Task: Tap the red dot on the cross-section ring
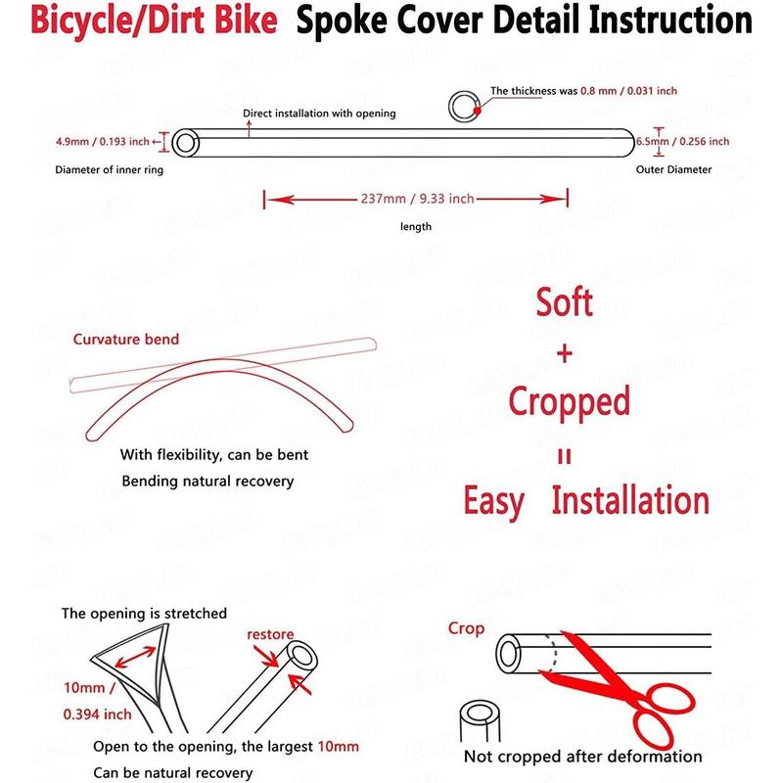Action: pyautogui.click(x=477, y=111)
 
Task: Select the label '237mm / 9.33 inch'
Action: pyautogui.click(x=417, y=199)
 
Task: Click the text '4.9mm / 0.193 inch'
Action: pyautogui.click(x=103, y=142)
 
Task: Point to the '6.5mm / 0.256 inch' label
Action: pyautogui.click(x=682, y=141)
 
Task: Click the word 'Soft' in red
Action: pyautogui.click(x=565, y=302)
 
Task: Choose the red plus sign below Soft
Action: pyautogui.click(x=565, y=354)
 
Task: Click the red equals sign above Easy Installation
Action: pyautogui.click(x=565, y=456)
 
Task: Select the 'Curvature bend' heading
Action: pyautogui.click(x=126, y=340)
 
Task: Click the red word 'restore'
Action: pyautogui.click(x=270, y=634)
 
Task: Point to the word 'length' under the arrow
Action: pyautogui.click(x=416, y=227)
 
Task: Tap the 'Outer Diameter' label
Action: pyautogui.click(x=673, y=169)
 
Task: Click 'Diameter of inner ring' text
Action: pyautogui.click(x=109, y=169)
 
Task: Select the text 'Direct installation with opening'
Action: pyautogui.click(x=319, y=114)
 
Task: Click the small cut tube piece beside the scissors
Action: pyautogui.click(x=480, y=721)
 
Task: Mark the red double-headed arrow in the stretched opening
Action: pyautogui.click(x=135, y=657)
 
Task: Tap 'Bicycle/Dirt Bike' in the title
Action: pyautogui.click(x=154, y=20)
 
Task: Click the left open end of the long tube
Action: pyautogui.click(x=185, y=143)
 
